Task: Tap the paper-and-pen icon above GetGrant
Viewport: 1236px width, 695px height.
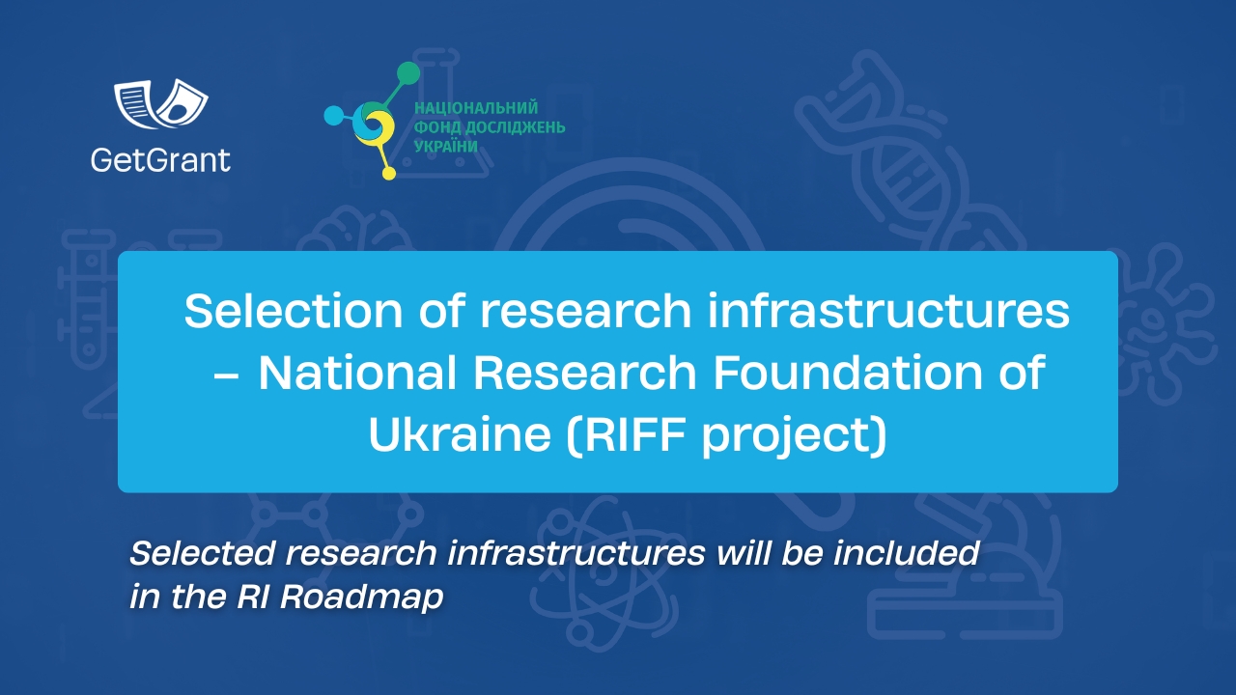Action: click(161, 103)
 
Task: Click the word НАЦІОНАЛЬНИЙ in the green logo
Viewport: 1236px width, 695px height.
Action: click(475, 108)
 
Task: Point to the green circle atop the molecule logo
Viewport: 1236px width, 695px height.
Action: click(408, 73)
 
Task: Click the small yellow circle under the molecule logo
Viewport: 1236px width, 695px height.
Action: click(389, 174)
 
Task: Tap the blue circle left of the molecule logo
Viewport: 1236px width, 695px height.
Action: click(334, 116)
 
